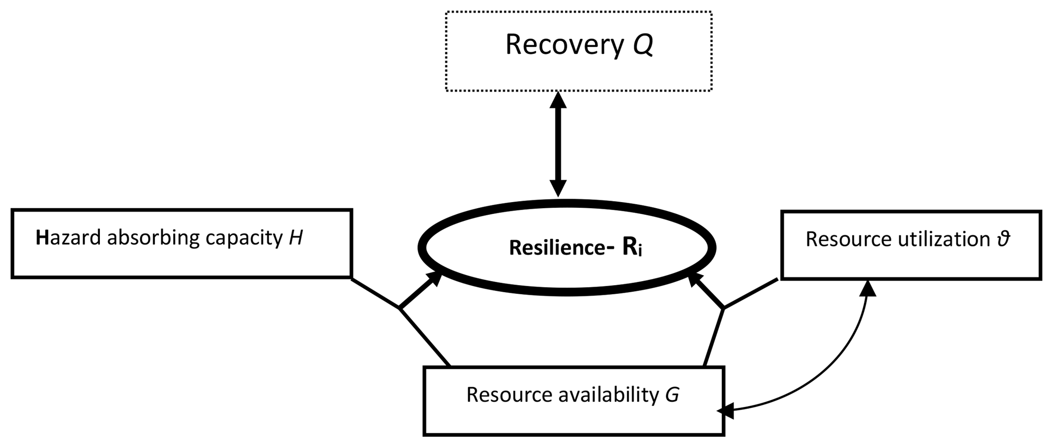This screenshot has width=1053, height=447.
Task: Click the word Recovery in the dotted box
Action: point(564,45)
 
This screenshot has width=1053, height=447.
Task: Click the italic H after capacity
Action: point(295,238)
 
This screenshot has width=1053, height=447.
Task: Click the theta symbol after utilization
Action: point(1003,239)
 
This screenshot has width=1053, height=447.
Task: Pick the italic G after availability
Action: point(672,395)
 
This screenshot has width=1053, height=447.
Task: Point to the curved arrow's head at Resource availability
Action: point(726,410)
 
